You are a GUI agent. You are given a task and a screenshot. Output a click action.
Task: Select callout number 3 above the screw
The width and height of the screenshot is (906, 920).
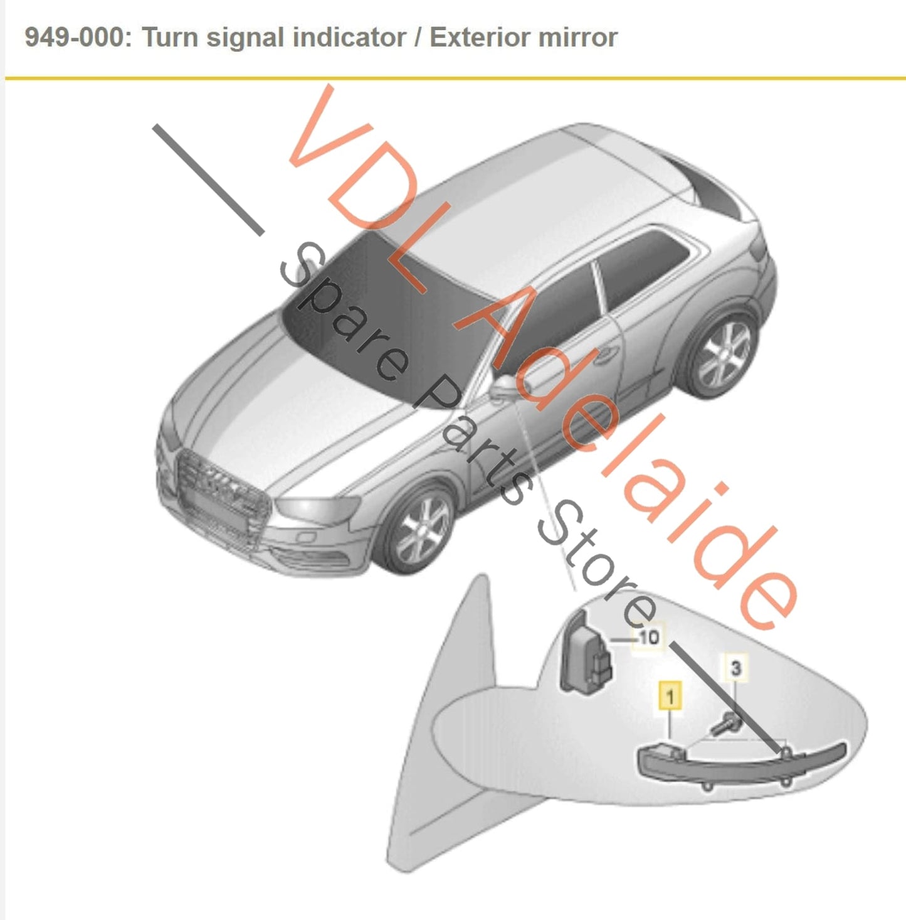(735, 668)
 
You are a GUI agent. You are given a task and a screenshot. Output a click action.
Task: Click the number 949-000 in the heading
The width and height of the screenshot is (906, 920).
(75, 37)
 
